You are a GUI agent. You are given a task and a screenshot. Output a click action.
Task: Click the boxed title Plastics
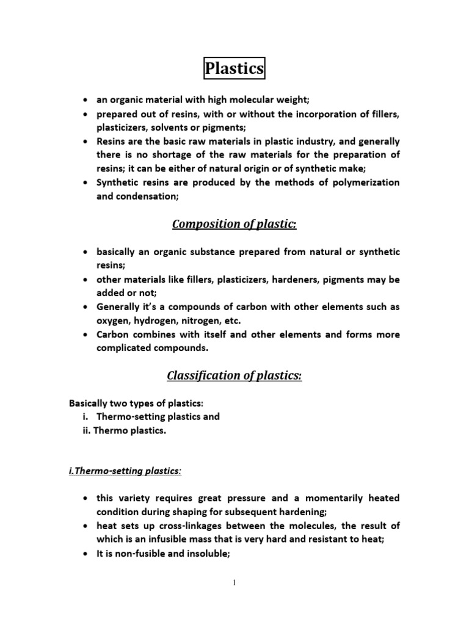pos(234,68)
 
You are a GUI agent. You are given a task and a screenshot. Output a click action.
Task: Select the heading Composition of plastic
pos(234,224)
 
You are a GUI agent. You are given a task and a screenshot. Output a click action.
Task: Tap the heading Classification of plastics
pos(234,375)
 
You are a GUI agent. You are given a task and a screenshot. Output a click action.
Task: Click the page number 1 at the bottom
pos(234,583)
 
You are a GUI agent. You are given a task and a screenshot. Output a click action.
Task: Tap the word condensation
pos(144,197)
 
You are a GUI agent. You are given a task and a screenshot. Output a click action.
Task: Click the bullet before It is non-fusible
pos(85,554)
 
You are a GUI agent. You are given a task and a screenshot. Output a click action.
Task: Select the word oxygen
pos(114,321)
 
